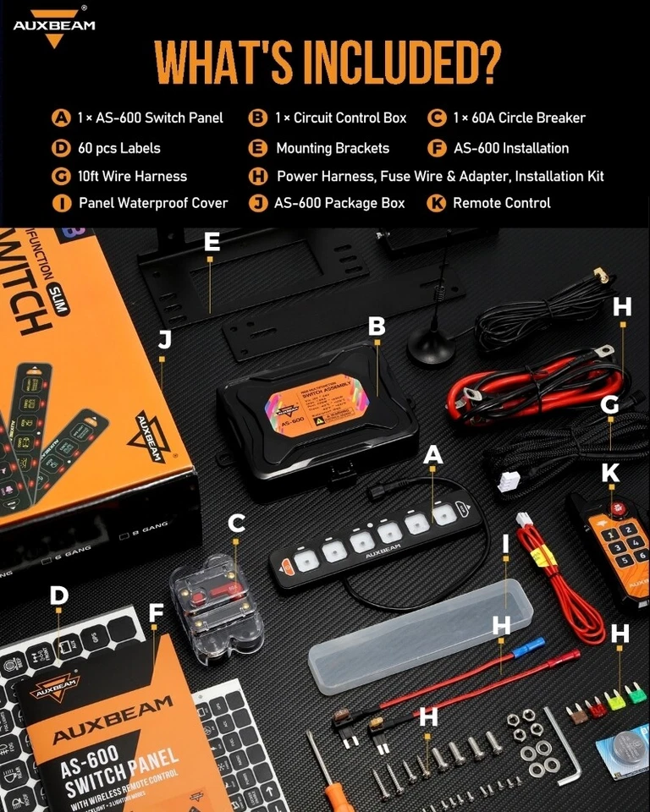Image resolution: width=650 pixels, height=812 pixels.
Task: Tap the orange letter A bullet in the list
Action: pos(60,118)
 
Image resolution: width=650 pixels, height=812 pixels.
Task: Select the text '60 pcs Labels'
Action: pos(118,148)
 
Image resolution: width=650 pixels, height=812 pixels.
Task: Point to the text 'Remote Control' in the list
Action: pos(501,203)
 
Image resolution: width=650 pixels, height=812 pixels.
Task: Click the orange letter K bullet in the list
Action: pos(436,203)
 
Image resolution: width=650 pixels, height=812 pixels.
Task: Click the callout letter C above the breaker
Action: pos(236,524)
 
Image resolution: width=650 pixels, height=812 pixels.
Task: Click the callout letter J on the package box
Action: pos(164,339)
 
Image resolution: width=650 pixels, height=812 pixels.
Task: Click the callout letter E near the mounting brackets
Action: pos(212,243)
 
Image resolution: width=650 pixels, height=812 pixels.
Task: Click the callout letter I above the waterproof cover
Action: pos(505,544)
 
